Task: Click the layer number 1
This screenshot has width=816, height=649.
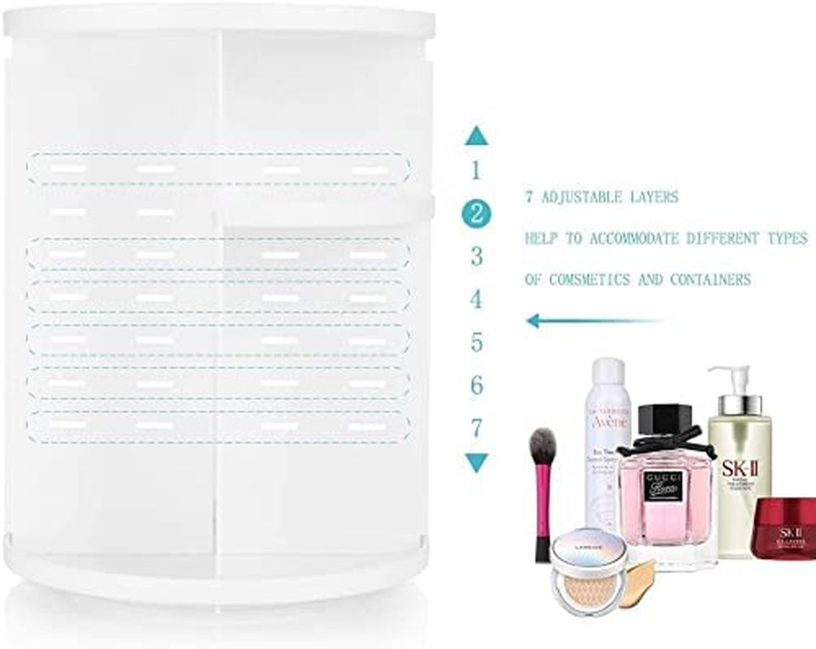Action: (477, 171)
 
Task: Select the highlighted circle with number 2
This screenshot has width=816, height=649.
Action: (477, 214)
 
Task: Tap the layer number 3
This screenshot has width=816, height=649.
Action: (477, 257)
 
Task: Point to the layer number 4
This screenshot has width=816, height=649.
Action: (477, 300)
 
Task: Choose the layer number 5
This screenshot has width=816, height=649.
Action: (477, 342)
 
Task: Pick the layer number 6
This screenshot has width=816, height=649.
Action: (477, 385)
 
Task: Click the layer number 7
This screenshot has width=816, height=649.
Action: (477, 428)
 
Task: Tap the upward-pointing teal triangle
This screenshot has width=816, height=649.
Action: (477, 137)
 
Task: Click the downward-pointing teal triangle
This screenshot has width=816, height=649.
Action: (477, 463)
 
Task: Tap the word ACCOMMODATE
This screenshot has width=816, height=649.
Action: (643, 239)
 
